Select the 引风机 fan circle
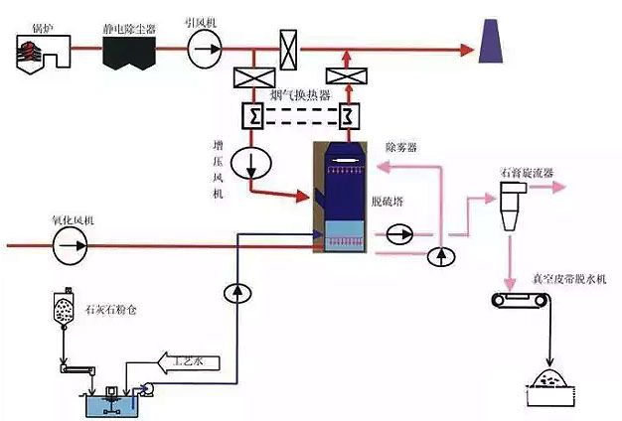point(207,46)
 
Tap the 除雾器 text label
point(400,147)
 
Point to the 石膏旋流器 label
point(527,173)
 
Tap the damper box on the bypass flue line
point(288,46)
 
